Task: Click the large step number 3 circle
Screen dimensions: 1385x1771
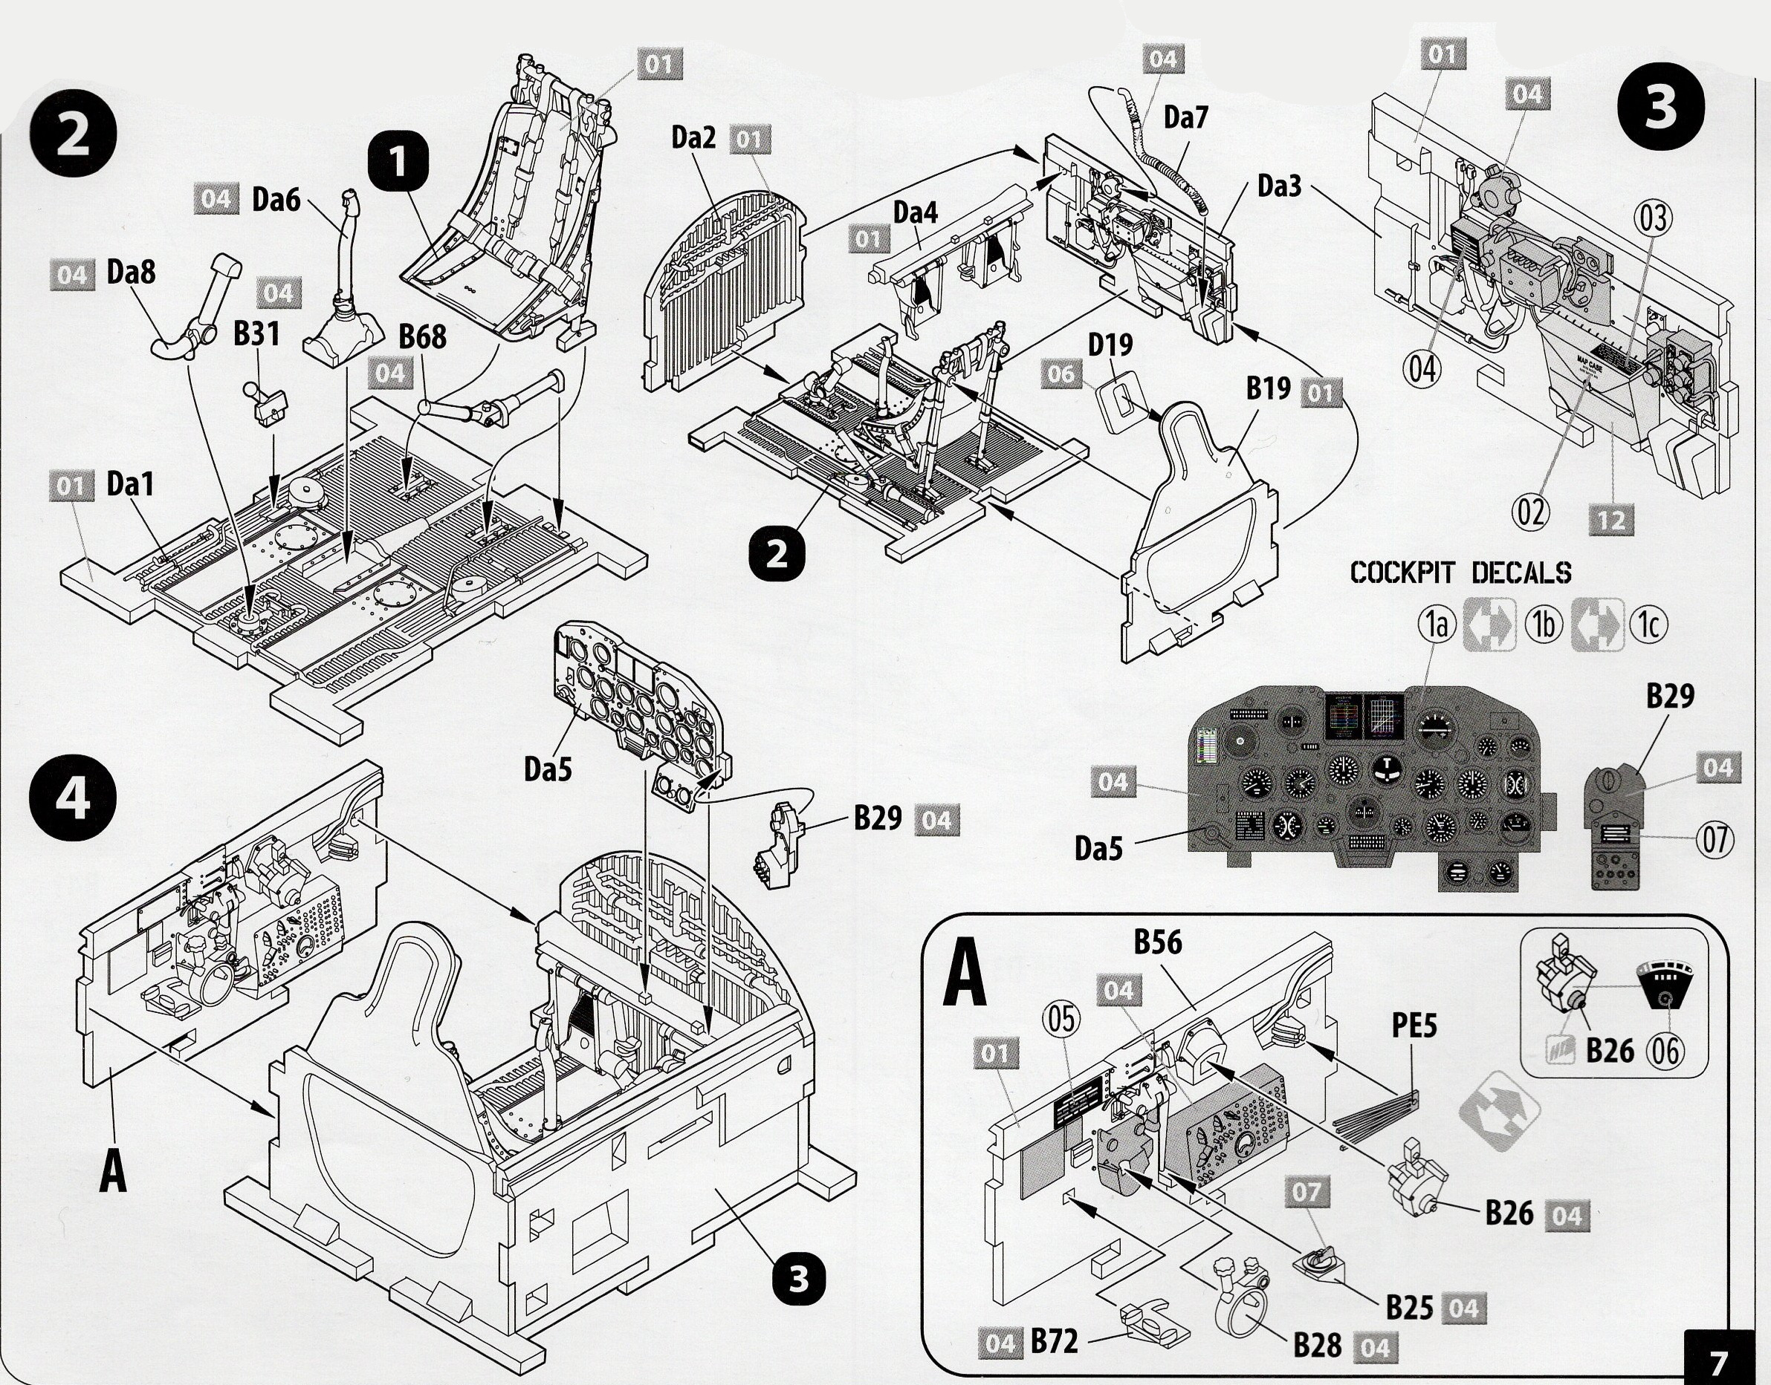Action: [x=1660, y=108]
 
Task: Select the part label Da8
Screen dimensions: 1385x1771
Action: [x=132, y=273]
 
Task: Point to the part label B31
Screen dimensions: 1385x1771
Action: [x=256, y=333]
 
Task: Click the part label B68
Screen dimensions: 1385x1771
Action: [x=422, y=336]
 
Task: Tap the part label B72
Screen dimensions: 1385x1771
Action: [x=1054, y=1341]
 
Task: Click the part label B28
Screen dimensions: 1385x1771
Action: [x=1318, y=1345]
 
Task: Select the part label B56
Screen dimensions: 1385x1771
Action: [x=1158, y=942]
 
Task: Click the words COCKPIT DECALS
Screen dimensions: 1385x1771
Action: [x=1460, y=573]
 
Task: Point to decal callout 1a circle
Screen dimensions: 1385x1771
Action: [x=1437, y=624]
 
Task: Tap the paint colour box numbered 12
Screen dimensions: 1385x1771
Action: [x=1611, y=520]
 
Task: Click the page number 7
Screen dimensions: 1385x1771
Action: [x=1718, y=1360]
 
